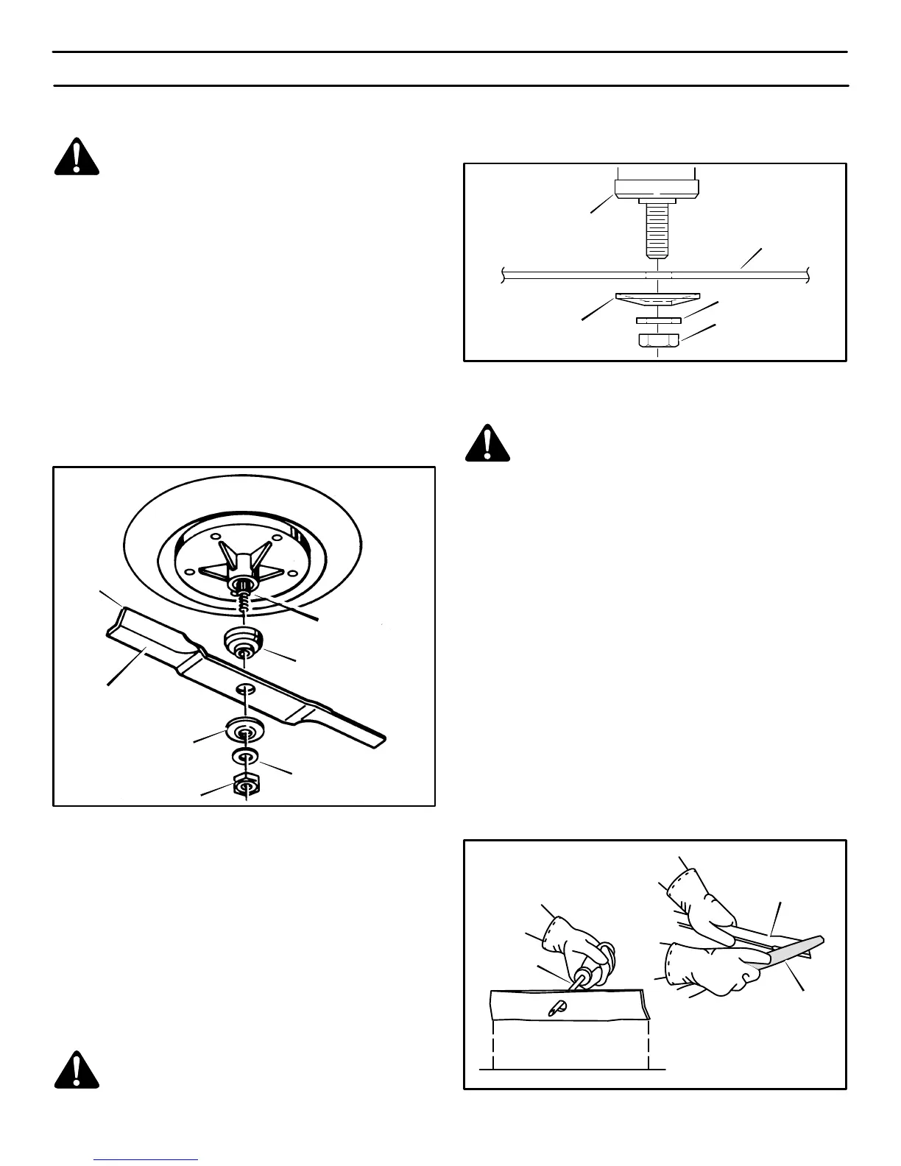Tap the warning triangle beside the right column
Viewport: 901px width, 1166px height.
point(487,442)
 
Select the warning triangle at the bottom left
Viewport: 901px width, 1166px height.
point(77,1069)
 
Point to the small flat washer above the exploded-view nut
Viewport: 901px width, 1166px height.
point(245,757)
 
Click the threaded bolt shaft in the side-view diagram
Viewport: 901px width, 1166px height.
point(657,230)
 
